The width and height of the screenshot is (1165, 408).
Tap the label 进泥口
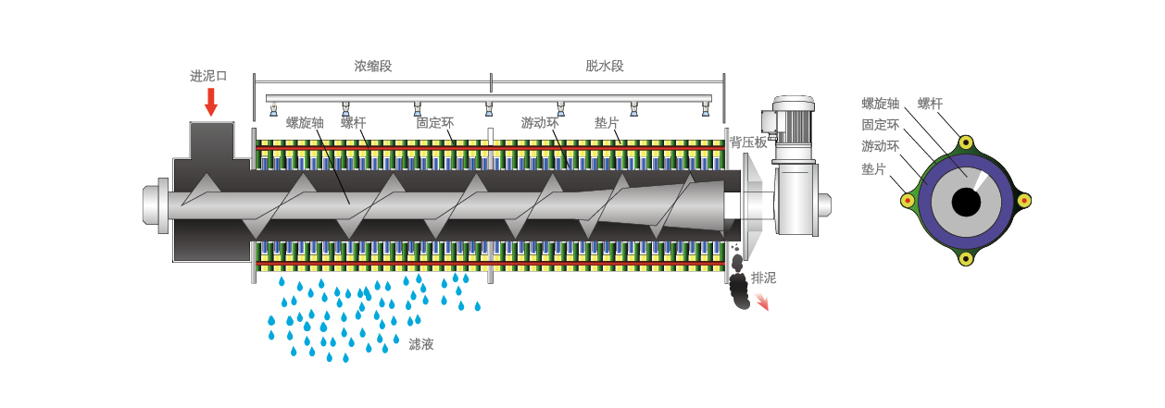point(208,76)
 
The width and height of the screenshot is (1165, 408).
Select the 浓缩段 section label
point(373,67)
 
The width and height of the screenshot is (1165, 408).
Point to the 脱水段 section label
point(605,67)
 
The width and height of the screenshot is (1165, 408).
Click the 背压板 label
point(748,142)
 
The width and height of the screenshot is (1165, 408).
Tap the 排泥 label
point(763,278)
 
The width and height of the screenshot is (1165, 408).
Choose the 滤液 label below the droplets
point(421,344)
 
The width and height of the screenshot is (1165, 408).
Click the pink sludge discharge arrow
point(762,302)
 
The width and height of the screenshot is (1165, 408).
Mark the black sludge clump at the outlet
point(739,290)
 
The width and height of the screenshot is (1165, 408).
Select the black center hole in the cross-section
point(966,202)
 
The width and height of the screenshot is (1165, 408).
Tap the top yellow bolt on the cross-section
point(966,142)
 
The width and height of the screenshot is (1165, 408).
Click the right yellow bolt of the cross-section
point(1023,200)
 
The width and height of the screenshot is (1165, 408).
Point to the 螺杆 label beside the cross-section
point(930,104)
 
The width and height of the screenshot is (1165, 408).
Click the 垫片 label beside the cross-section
point(873,169)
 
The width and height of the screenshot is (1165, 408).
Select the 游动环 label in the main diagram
point(540,122)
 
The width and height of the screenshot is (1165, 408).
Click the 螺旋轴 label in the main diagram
point(305,122)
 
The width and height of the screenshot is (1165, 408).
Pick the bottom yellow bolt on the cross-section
point(966,258)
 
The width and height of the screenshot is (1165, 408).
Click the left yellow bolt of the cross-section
point(908,200)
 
